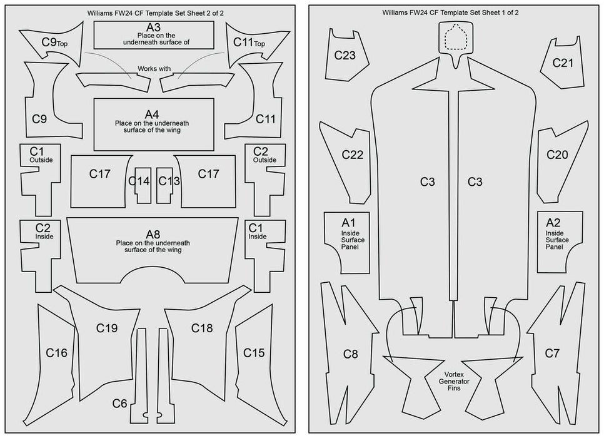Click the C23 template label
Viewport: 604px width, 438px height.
pyautogui.click(x=345, y=55)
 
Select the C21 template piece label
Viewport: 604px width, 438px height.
pyautogui.click(x=563, y=63)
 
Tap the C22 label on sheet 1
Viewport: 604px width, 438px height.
pyautogui.click(x=352, y=155)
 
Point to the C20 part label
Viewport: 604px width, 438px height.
pyautogui.click(x=557, y=155)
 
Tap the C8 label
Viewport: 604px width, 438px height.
pyautogui.click(x=351, y=354)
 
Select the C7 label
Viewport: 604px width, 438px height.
pyautogui.click(x=552, y=354)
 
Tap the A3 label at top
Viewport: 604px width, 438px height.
pyautogui.click(x=153, y=28)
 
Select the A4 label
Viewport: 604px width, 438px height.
pyautogui.click(x=153, y=115)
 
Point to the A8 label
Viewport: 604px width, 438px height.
pyautogui.click(x=153, y=235)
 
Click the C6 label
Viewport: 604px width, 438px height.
pyautogui.click(x=120, y=403)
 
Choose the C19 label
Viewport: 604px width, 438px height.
pyautogui.click(x=107, y=328)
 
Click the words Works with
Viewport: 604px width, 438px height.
pyautogui.click(x=154, y=69)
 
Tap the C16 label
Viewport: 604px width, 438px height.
pyautogui.click(x=56, y=353)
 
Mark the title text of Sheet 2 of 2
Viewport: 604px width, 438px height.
pyautogui.click(x=153, y=12)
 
